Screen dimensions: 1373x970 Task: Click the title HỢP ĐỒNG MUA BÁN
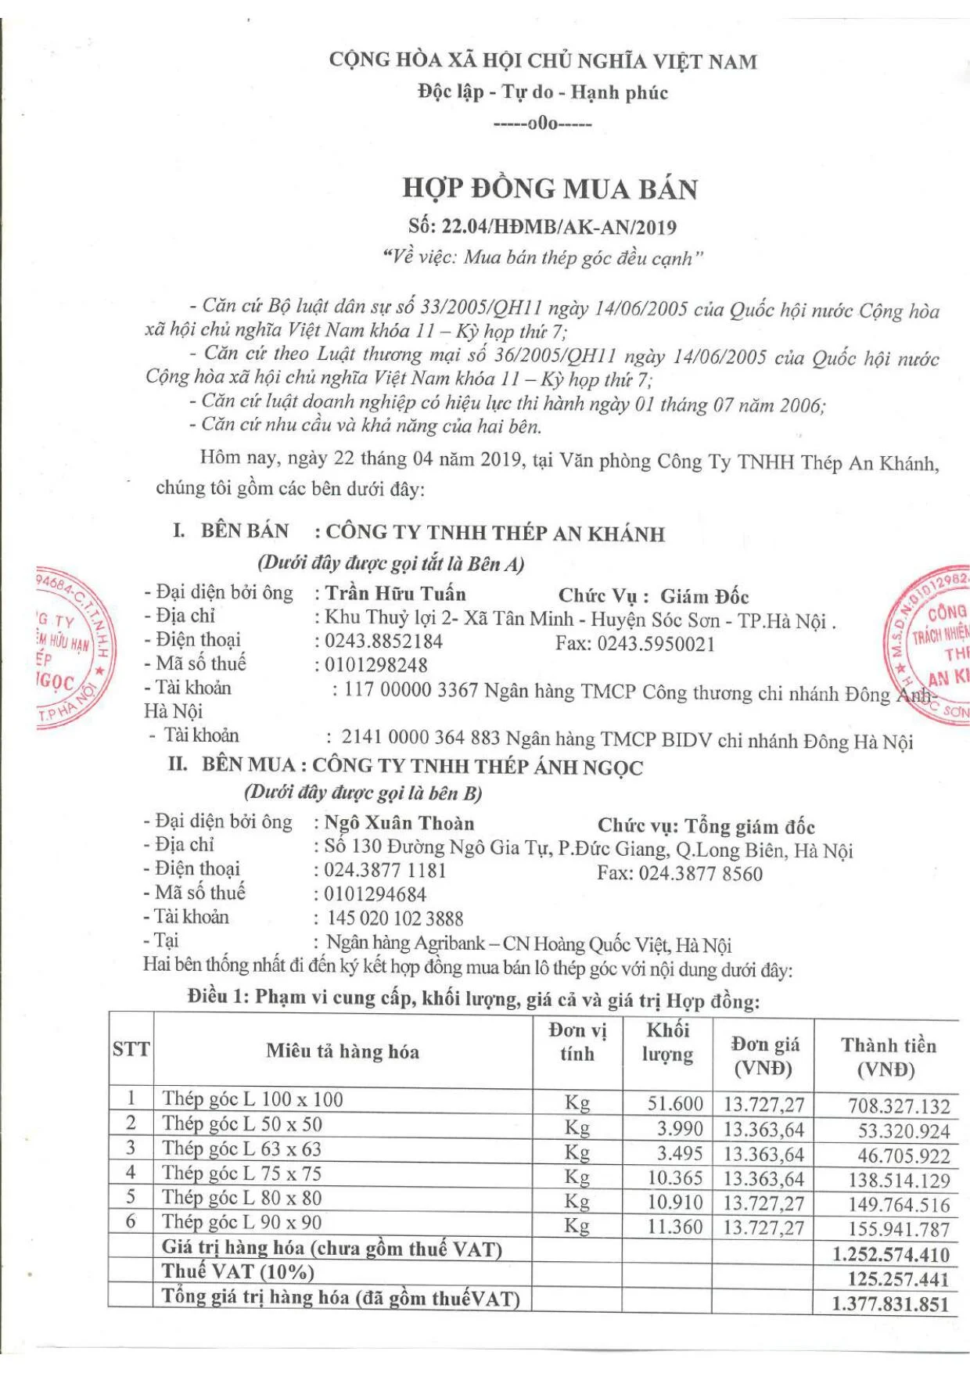click(549, 189)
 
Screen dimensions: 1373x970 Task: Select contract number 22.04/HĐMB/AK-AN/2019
click(559, 228)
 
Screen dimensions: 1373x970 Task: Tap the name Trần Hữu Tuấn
click(395, 594)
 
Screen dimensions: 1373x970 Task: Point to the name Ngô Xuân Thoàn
click(399, 823)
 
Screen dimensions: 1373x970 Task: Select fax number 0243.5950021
click(656, 644)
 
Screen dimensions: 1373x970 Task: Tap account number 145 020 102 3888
click(395, 918)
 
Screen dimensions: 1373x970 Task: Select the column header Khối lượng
click(667, 1042)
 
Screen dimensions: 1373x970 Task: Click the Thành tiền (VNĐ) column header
click(888, 1057)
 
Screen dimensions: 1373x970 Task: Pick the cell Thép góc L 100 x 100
click(253, 1099)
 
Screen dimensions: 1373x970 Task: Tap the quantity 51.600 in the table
click(675, 1104)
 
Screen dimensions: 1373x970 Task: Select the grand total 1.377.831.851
click(890, 1303)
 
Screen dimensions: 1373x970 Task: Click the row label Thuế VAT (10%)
click(238, 1272)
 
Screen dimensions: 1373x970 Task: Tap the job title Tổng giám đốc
click(749, 827)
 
